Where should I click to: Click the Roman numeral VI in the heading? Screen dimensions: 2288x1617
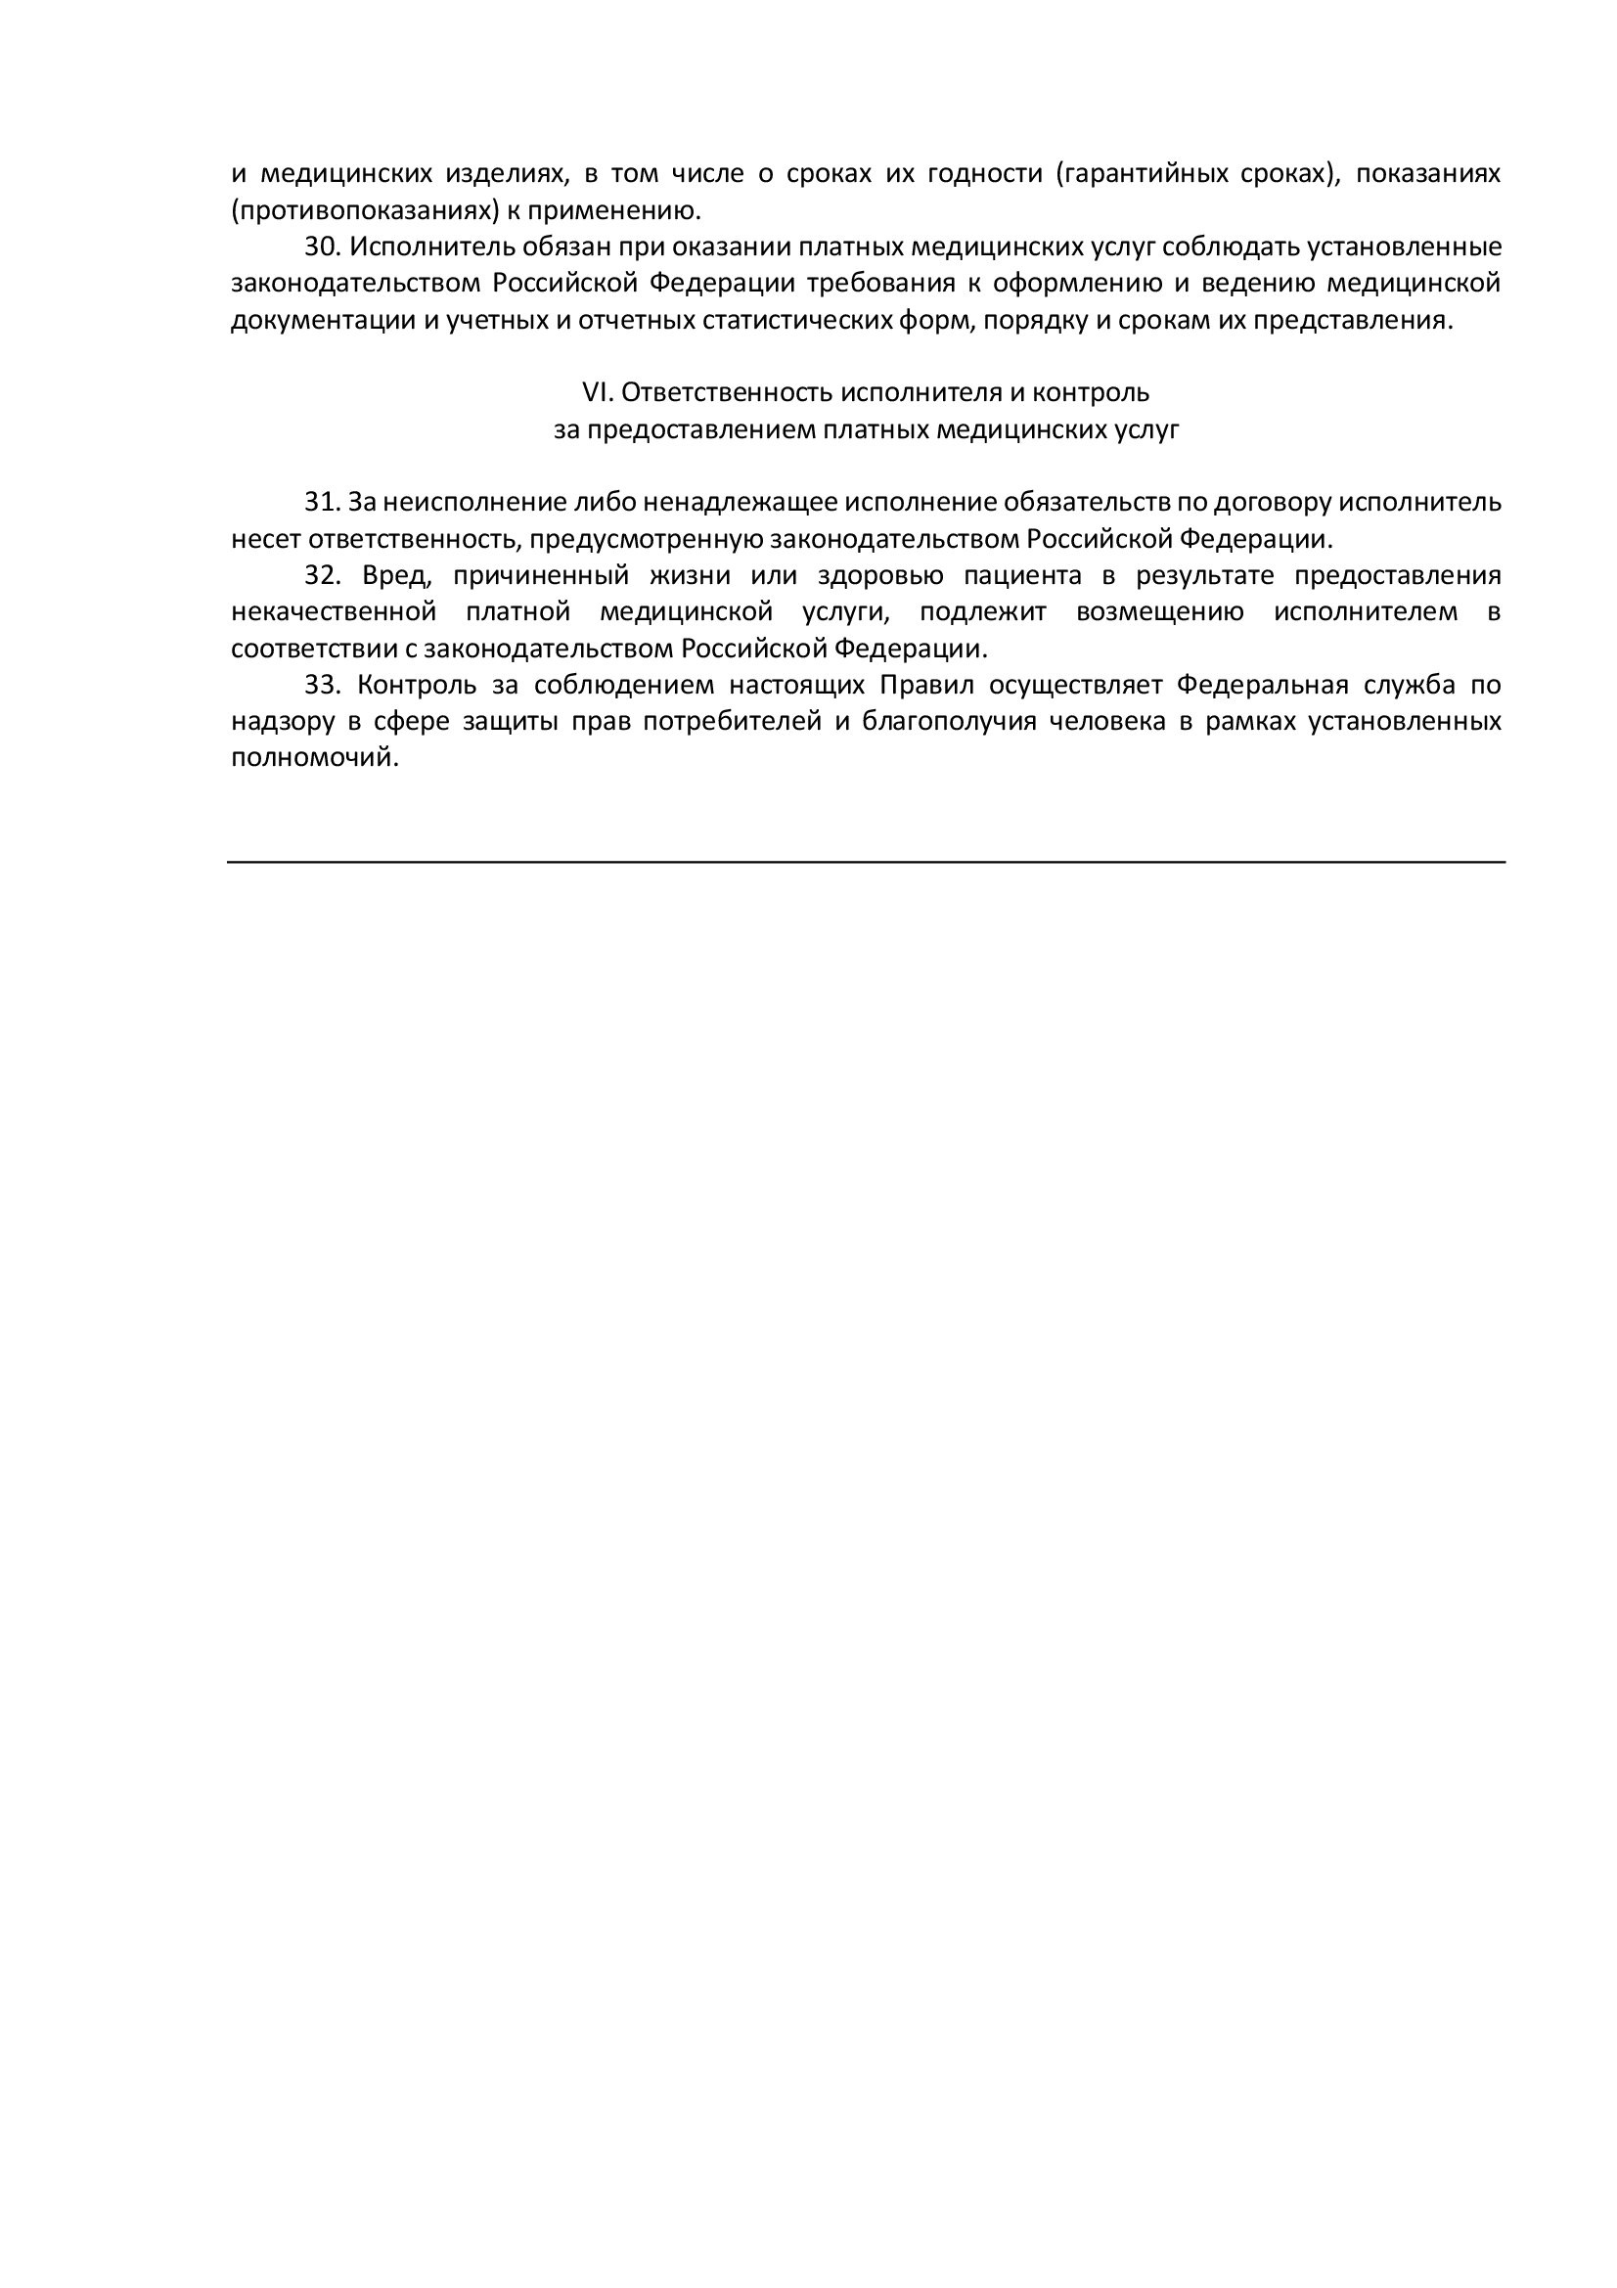pyautogui.click(x=595, y=392)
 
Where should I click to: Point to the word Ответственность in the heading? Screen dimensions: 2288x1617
pyautogui.click(x=727, y=392)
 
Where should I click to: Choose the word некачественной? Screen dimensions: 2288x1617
pyautogui.click(x=333, y=611)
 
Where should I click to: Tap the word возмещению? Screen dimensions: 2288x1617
pyautogui.click(x=1160, y=611)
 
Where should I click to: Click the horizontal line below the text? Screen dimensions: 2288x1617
pyautogui.click(x=865, y=862)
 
